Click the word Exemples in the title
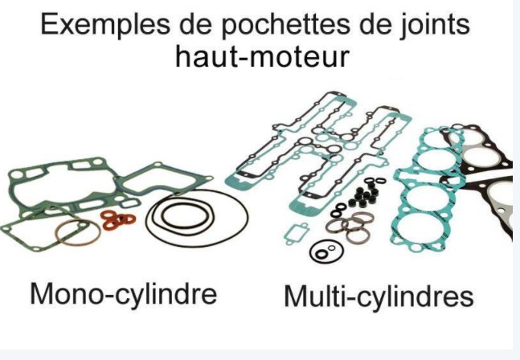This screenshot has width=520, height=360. click(x=104, y=25)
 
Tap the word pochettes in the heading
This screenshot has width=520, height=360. click(x=285, y=25)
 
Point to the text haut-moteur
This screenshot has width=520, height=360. click(x=262, y=56)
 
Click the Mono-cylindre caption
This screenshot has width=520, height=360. click(x=123, y=294)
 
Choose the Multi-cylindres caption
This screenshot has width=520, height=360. click(x=379, y=296)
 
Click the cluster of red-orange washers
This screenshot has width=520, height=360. click(x=118, y=219)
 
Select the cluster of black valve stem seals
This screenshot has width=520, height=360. click(x=363, y=196)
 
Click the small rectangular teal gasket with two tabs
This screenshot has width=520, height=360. click(x=296, y=233)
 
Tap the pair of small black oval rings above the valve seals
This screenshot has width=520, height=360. click(x=376, y=180)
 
